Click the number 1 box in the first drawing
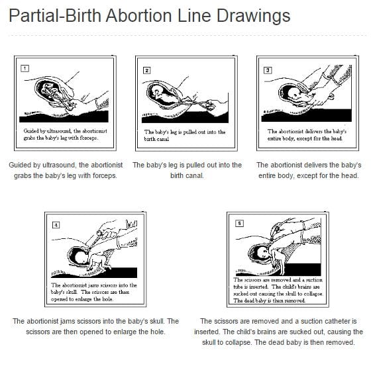click(x=25, y=69)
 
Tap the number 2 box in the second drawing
click(x=146, y=70)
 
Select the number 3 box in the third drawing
click(x=268, y=70)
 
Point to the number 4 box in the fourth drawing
click(x=56, y=225)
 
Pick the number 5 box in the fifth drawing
click(x=239, y=224)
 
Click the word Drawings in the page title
click(x=253, y=16)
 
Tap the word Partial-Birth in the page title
click(x=55, y=15)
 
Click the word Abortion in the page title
click(x=139, y=15)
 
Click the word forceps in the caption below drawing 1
click(x=104, y=176)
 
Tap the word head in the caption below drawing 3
click(x=350, y=176)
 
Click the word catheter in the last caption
click(x=327, y=321)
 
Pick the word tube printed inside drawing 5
click(x=238, y=287)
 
